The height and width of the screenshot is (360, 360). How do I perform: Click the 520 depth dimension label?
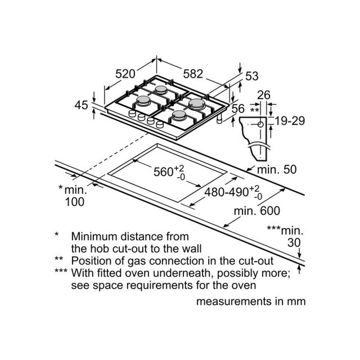click(x=125, y=74)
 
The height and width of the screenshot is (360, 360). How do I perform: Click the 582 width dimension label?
click(x=193, y=74)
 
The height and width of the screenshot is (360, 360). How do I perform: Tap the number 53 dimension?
click(x=252, y=76)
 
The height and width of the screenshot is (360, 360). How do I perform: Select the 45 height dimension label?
click(x=81, y=105)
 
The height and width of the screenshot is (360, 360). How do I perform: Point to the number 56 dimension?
click(x=238, y=109)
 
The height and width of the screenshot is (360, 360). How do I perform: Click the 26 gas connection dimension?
click(x=264, y=95)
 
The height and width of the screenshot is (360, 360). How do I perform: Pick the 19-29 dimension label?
click(x=290, y=121)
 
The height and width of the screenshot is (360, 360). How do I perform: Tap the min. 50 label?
click(x=277, y=169)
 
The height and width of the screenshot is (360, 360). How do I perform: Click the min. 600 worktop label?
click(x=257, y=211)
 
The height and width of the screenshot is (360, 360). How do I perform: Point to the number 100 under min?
click(x=75, y=202)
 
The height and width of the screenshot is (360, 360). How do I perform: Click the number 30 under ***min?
click(x=294, y=242)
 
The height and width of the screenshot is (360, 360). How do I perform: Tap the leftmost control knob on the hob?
click(x=132, y=114)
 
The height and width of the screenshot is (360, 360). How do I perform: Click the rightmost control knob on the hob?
click(x=160, y=125)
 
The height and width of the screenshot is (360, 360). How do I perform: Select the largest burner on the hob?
click(x=196, y=103)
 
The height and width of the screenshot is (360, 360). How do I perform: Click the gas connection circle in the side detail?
click(x=260, y=124)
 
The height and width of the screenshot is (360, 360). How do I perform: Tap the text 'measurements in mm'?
click(x=251, y=301)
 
